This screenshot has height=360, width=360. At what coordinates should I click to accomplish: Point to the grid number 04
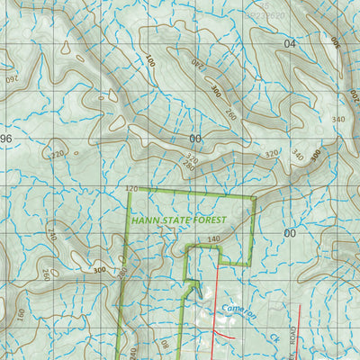[289, 43]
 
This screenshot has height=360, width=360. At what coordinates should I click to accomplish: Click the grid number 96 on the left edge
[6, 139]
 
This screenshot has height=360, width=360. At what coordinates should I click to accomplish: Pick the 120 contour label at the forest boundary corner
[134, 189]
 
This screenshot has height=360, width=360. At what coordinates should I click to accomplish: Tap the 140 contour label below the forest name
[213, 239]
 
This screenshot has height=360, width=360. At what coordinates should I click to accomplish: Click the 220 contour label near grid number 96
[58, 154]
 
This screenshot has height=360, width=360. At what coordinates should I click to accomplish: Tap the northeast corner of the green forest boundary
[256, 196]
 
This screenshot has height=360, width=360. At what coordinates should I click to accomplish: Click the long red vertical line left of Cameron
[216, 306]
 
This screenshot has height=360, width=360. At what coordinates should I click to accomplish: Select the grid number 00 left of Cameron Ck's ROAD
[289, 232]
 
